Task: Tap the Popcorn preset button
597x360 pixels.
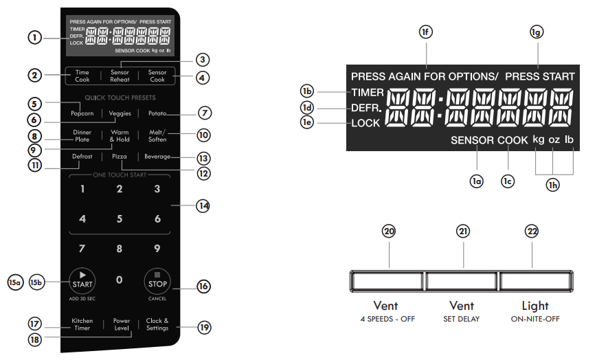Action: click(x=82, y=113)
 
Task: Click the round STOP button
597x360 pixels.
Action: click(x=157, y=281)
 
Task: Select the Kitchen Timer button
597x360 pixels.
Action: click(x=82, y=324)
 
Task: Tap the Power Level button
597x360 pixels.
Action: click(x=121, y=324)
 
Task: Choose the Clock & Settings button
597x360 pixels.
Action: click(x=157, y=324)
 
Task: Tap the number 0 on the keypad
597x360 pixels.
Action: click(x=120, y=280)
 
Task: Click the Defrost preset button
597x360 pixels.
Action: click(x=82, y=157)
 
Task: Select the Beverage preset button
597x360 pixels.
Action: click(x=157, y=157)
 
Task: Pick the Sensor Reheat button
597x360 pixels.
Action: click(x=120, y=76)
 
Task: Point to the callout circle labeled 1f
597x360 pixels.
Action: click(x=427, y=32)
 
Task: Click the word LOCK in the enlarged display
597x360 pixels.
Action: click(x=365, y=124)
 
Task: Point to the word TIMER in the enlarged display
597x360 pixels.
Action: click(x=368, y=93)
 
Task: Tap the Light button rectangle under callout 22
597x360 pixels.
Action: click(x=534, y=282)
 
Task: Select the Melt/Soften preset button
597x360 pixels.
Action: click(x=157, y=135)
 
